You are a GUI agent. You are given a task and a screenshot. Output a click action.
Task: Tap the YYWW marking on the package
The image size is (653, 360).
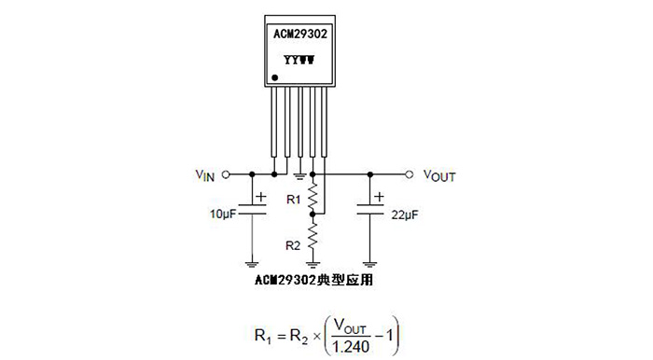(299, 58)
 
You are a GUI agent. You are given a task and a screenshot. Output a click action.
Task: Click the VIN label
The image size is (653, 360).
(205, 174)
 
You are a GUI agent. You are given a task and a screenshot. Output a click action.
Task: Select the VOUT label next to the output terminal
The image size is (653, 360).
(439, 174)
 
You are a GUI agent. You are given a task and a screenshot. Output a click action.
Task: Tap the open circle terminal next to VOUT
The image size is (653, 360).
(409, 173)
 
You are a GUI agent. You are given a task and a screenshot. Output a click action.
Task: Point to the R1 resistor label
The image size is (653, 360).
(293, 199)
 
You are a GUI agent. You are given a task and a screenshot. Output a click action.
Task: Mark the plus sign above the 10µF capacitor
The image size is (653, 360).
(260, 197)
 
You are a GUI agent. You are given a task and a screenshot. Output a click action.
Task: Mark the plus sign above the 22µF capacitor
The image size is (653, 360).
(379, 197)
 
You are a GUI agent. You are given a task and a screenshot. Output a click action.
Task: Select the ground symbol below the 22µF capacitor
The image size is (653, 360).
(370, 262)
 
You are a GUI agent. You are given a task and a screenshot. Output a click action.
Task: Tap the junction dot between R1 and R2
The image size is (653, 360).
(313, 214)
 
